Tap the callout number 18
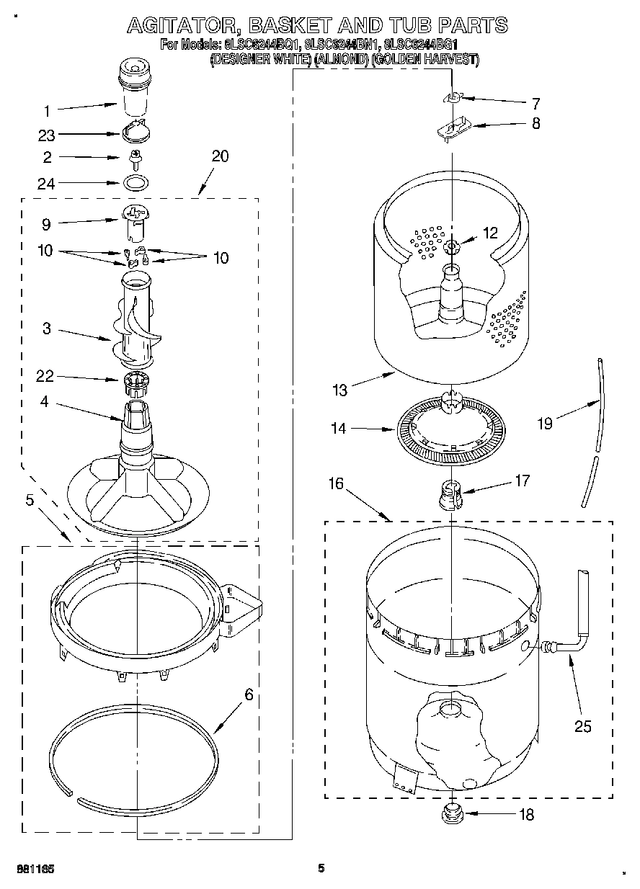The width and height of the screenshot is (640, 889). (x=527, y=815)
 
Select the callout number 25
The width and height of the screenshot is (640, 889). (x=582, y=726)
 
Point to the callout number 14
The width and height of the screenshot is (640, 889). (x=338, y=429)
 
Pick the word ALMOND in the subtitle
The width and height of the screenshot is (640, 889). (x=341, y=60)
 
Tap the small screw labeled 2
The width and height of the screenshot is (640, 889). (x=135, y=156)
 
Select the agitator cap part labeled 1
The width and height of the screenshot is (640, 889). (x=134, y=87)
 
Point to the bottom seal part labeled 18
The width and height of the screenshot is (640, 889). (x=452, y=816)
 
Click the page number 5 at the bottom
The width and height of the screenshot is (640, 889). (x=321, y=868)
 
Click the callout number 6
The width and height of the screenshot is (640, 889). (x=249, y=694)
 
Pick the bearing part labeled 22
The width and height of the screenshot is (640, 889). (x=135, y=381)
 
